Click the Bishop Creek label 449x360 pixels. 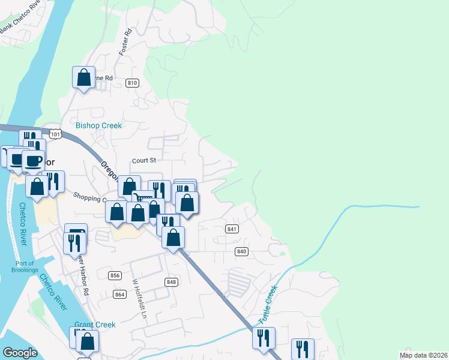point(98,125)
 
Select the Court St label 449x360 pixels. point(144,160)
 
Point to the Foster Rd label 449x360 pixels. point(126,43)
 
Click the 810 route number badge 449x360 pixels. point(133,83)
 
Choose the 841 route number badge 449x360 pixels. point(232,229)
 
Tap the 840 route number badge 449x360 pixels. point(241,251)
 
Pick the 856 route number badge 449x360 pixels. point(115,275)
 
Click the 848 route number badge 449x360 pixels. point(172,282)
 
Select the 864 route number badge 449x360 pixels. point(119,294)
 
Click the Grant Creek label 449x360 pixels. point(95,325)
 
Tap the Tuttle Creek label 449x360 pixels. point(270,306)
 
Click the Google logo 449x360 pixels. point(20,353)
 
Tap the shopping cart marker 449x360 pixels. point(142,198)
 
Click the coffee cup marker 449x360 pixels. point(33,161)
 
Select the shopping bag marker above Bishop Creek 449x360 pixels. point(83,77)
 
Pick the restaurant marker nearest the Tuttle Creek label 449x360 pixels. point(264,338)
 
